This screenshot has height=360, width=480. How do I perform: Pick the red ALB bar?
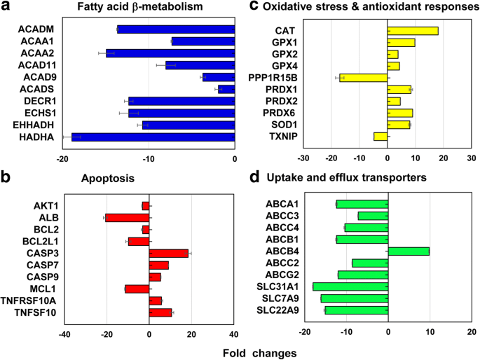[x=127, y=217]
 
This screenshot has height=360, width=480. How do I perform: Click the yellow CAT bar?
[x=413, y=31]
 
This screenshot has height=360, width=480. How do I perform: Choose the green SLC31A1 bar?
[x=350, y=286]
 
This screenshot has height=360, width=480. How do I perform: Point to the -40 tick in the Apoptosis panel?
[x=64, y=334]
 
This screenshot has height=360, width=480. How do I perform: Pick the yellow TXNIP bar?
[x=380, y=137]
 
